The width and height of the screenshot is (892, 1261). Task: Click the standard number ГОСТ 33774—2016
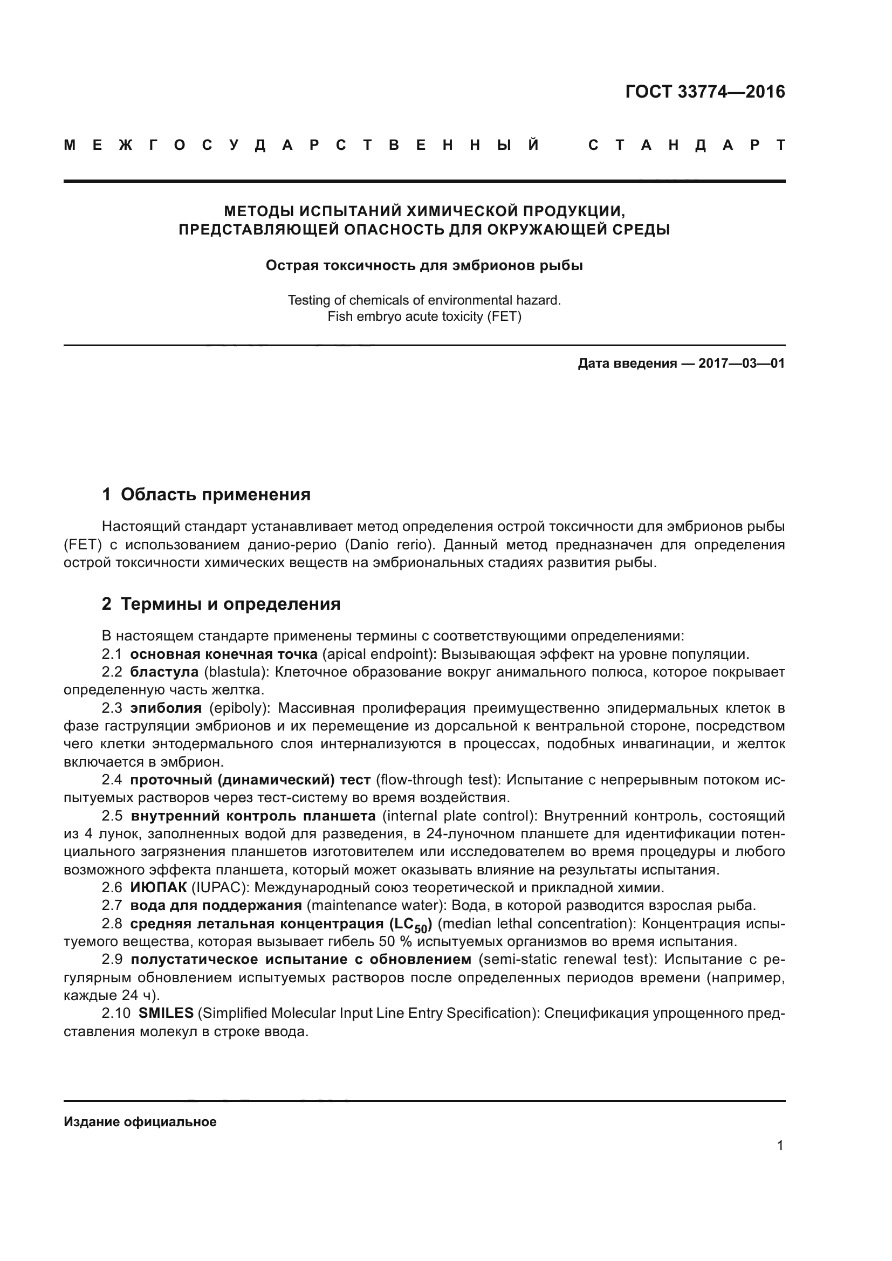pos(705,92)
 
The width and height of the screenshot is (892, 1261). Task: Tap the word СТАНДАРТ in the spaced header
pos(686,146)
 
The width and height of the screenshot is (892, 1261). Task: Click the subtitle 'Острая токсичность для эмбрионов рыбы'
pos(424,266)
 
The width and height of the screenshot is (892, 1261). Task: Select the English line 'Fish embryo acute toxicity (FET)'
pos(424,316)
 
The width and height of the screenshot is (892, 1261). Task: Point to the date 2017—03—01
pos(741,363)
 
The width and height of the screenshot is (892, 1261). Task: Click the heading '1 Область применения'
pos(206,494)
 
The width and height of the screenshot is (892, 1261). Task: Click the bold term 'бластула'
pos(164,672)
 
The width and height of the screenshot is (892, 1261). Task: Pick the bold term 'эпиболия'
pos(166,708)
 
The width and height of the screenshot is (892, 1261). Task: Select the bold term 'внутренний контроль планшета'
pos(253,816)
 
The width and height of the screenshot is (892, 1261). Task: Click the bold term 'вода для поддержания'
pos(216,905)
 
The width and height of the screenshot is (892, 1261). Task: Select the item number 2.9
pos(112,960)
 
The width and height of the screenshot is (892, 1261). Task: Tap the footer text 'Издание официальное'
pos(140,1122)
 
